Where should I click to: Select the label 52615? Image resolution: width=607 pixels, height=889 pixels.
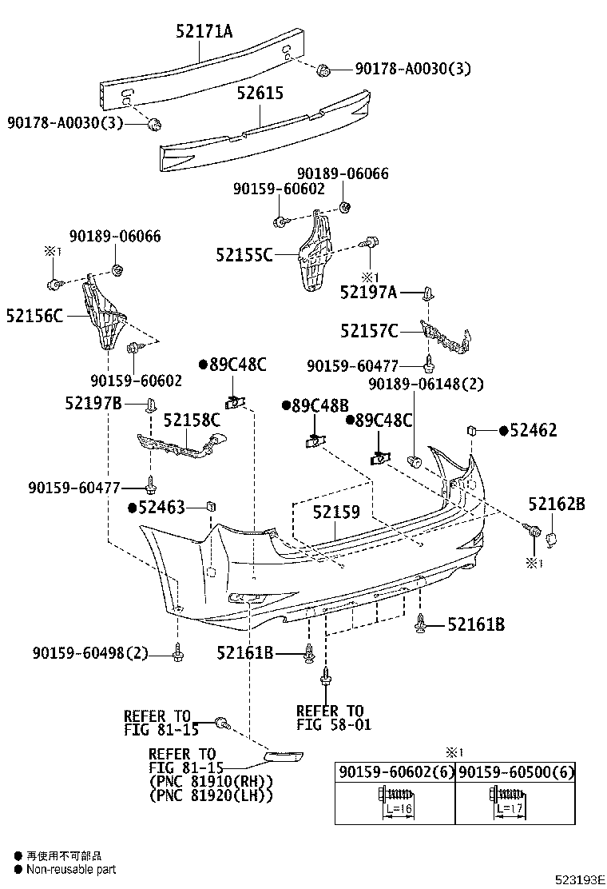[x=260, y=94]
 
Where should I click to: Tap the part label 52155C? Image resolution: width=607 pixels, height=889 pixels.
[x=244, y=255]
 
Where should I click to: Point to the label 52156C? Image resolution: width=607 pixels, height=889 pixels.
[x=34, y=316]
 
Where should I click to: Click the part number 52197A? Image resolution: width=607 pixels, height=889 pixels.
[x=368, y=293]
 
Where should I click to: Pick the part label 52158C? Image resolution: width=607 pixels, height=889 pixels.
[x=192, y=420]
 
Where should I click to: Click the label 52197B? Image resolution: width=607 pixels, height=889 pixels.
[x=93, y=404]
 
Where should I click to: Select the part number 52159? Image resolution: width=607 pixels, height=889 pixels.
[x=336, y=512]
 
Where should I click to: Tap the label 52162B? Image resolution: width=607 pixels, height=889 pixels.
[x=556, y=504]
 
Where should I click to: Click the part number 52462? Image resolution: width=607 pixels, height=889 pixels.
[x=534, y=431]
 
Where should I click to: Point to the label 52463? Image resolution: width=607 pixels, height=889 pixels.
[x=161, y=507]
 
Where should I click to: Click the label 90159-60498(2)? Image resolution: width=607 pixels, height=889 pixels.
[x=90, y=654]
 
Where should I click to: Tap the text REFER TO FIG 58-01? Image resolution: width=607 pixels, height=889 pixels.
[x=329, y=718]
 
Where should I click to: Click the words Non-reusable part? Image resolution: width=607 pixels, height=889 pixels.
[x=71, y=869]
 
